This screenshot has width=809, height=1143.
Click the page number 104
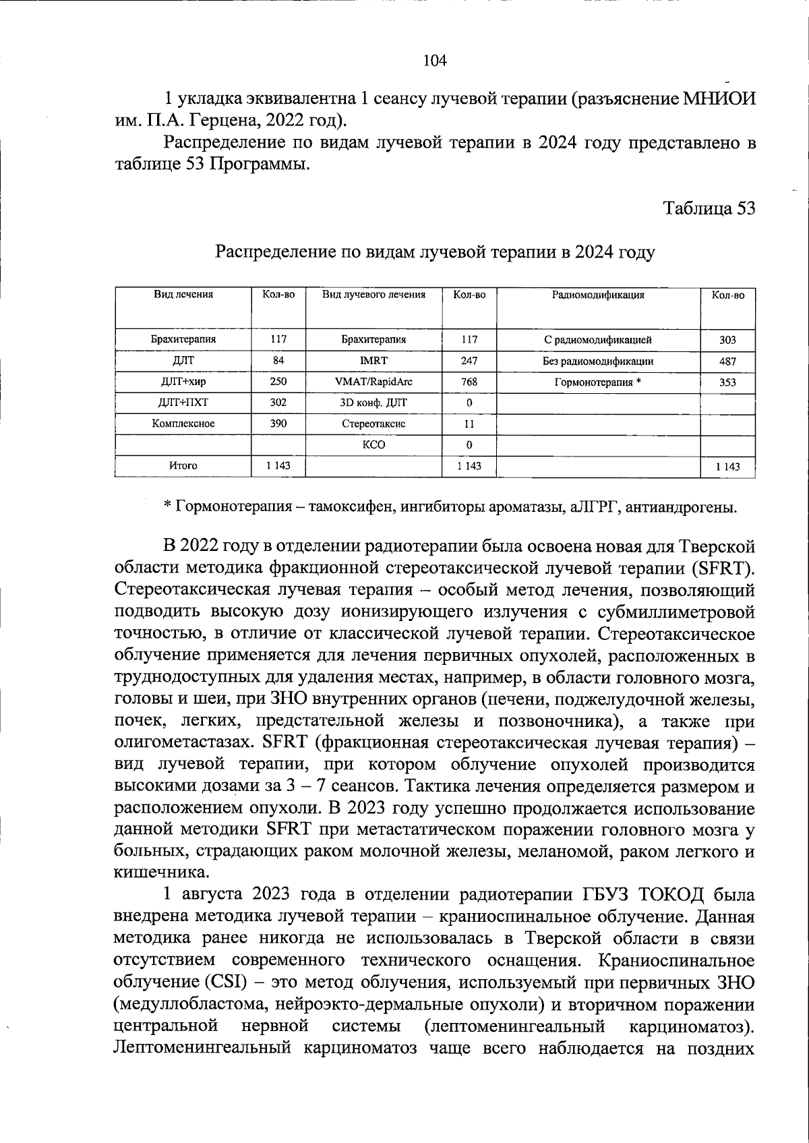[435, 61]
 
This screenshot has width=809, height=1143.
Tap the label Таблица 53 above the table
[709, 208]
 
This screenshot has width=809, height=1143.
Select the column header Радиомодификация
[598, 295]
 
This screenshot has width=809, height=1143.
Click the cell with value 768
[469, 382]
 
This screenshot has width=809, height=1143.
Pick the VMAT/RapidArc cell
[373, 382]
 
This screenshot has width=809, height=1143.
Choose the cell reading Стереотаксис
[373, 424]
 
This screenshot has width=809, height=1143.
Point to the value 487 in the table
[727, 361]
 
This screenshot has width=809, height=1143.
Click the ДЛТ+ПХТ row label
[183, 403]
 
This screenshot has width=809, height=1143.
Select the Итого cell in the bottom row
[183, 466]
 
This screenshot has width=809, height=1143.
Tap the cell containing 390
[278, 423]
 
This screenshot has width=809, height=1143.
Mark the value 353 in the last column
[727, 382]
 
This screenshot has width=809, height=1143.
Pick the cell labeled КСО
[373, 445]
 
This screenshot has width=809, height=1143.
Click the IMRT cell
[373, 361]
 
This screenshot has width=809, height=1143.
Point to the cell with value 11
[469, 424]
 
